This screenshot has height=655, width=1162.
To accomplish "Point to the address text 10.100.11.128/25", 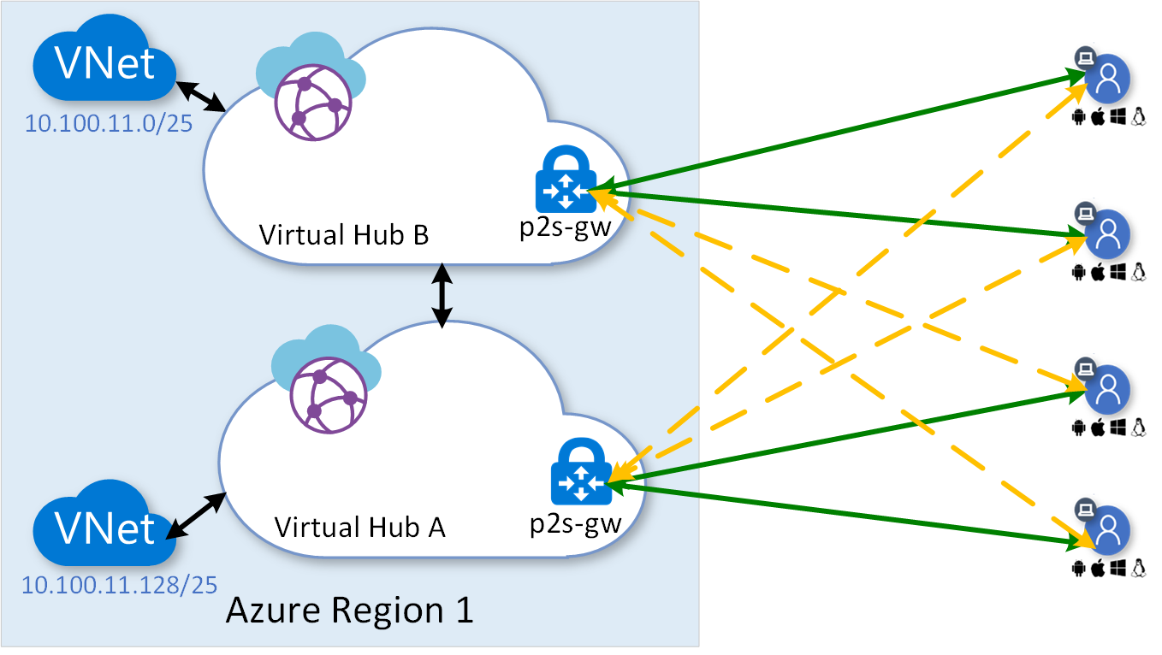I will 119,586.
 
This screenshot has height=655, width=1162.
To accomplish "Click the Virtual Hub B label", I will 343,234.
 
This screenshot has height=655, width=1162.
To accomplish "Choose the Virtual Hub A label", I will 359,527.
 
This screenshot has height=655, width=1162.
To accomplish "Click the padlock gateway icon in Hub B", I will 565,181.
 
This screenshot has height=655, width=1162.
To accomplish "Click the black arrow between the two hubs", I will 442,295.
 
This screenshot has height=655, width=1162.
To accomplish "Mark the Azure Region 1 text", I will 349,611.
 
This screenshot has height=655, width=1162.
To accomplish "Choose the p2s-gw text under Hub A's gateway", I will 575,522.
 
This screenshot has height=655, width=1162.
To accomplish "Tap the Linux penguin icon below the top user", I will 1138,117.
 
